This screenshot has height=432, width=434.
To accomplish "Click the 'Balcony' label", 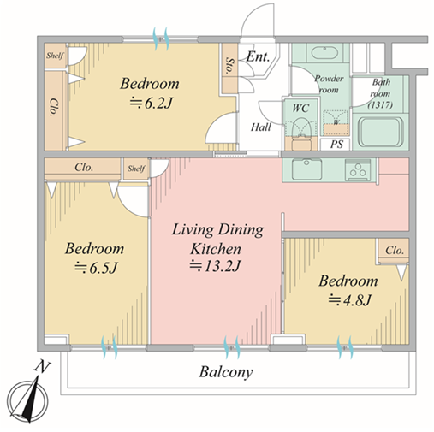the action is tap(226, 372).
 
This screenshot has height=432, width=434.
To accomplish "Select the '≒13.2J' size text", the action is tap(215, 266).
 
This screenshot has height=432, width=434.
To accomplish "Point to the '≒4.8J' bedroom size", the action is tap(349, 299).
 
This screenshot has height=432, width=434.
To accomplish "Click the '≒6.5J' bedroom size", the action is tap(96, 268).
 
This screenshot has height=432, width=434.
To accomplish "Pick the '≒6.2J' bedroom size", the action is tap(152, 103).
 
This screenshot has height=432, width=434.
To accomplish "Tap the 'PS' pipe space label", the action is tap(336, 145).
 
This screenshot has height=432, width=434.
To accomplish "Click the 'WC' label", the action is tap(300, 108).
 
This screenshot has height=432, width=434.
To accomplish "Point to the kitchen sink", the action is tap(306, 169).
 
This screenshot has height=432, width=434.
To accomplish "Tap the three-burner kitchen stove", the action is tap(358, 170).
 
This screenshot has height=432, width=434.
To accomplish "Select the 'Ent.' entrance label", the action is tap(258, 56).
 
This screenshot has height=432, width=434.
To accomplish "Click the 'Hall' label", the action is tap(261, 127).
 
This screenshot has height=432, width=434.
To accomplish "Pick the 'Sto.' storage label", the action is tap(229, 66).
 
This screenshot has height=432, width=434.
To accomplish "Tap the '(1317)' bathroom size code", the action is tap(380, 105).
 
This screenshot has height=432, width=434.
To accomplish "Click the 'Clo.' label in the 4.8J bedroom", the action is tap(395, 251).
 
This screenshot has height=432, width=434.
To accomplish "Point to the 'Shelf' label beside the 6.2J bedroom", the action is tap(55, 56).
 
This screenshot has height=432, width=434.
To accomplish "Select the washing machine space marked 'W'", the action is tap(336, 122).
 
